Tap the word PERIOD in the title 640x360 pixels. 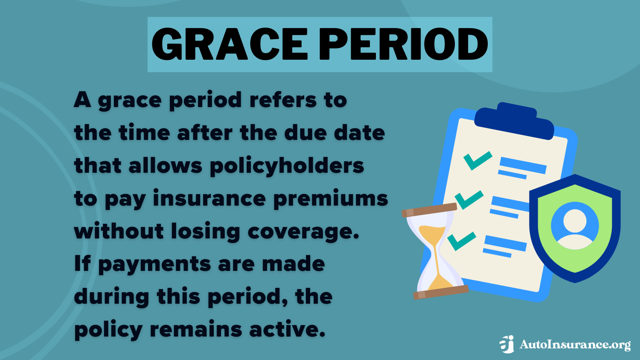pyautogui.click(x=403, y=44)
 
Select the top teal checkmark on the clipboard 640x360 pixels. pyautogui.click(x=477, y=160)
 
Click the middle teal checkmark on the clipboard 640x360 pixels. pyautogui.click(x=468, y=200)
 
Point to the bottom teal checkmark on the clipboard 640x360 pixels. pyautogui.click(x=461, y=241)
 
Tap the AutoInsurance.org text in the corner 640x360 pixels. pyautogui.click(x=574, y=345)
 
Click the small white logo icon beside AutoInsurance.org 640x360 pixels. pyautogui.click(x=507, y=344)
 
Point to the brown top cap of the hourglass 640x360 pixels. pyautogui.click(x=429, y=210)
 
